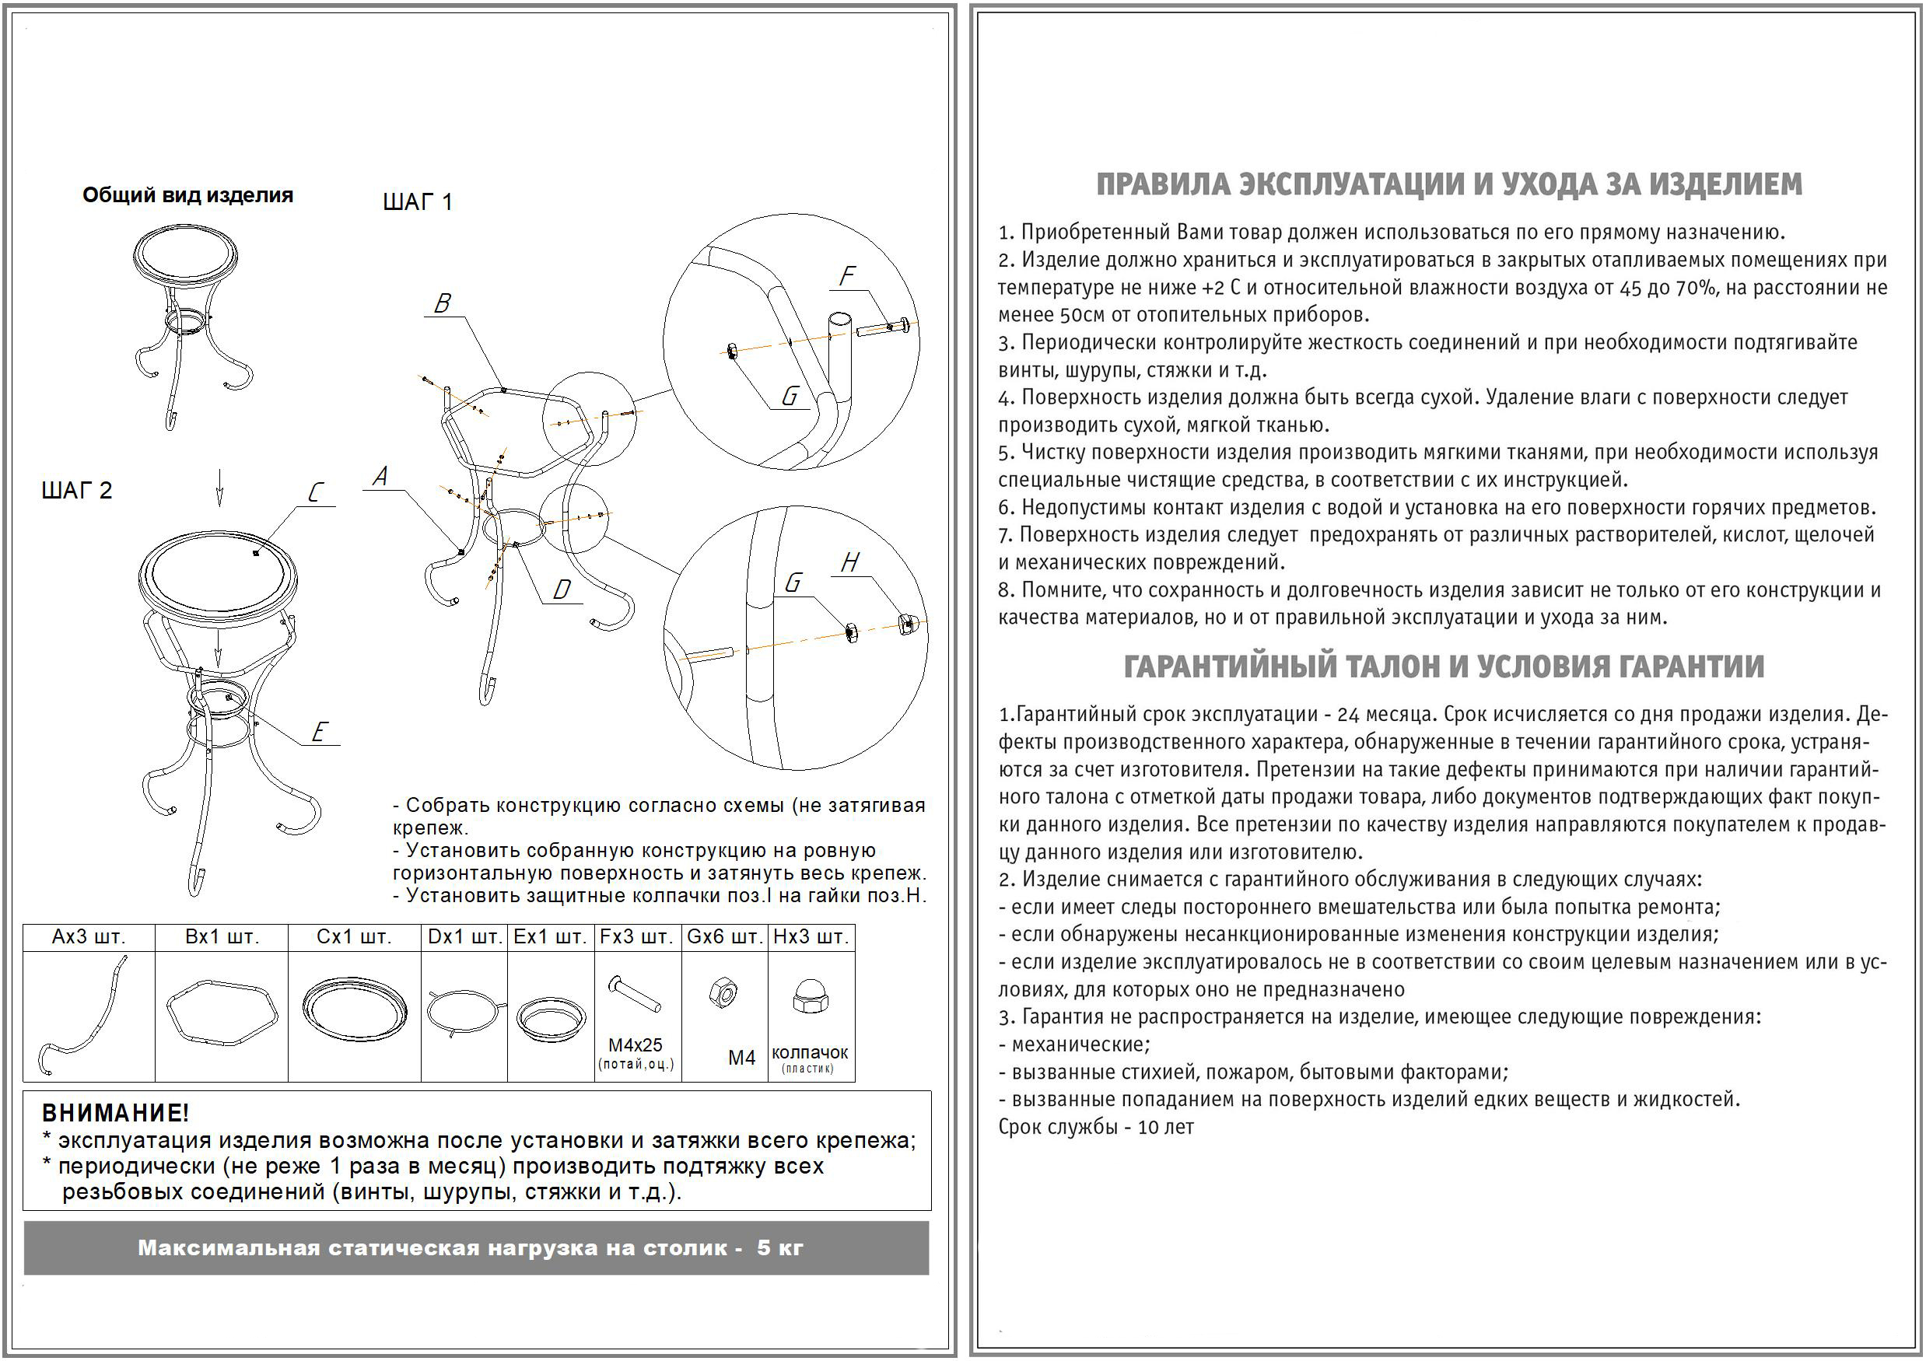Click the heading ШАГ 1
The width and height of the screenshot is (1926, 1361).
[417, 202]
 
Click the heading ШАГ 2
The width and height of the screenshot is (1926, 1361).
[76, 491]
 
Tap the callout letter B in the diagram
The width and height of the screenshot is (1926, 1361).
[442, 303]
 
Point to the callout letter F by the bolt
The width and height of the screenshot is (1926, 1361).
[847, 276]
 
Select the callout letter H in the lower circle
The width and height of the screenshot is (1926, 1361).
[849, 563]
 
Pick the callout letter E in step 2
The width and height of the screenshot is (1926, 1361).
[319, 732]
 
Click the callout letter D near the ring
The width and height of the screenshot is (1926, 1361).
[561, 590]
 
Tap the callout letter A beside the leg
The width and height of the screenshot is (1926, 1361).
[380, 476]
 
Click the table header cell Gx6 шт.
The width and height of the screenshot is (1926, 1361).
[724, 936]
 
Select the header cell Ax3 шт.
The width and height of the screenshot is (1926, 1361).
[88, 936]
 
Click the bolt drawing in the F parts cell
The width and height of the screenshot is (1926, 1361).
[635, 995]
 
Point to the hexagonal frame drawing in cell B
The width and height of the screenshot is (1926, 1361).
[222, 1012]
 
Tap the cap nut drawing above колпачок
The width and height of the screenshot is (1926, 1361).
[811, 996]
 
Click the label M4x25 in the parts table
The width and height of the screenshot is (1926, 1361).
[635, 1044]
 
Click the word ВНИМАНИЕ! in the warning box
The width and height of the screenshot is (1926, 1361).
[116, 1114]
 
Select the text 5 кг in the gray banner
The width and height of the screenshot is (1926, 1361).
[779, 1247]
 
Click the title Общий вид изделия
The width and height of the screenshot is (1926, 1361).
[188, 195]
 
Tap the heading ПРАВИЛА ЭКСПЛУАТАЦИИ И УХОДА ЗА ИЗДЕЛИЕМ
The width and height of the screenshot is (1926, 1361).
[1448, 184]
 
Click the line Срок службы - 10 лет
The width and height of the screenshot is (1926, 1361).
[1095, 1127]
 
